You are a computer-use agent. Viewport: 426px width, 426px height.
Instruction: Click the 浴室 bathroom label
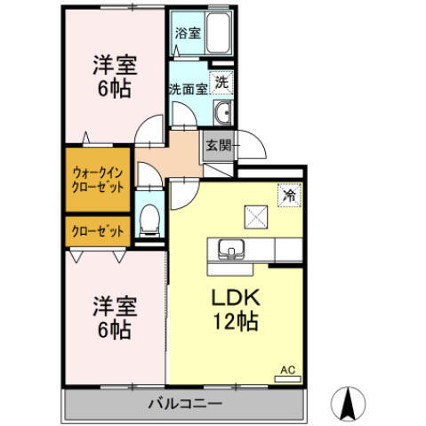[187, 33]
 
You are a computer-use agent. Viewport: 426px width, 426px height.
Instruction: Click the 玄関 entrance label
[216, 146]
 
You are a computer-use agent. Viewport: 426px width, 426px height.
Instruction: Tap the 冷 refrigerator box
[290, 190]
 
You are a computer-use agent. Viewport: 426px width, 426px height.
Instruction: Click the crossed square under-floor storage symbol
[254, 215]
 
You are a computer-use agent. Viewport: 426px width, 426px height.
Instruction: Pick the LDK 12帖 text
[235, 309]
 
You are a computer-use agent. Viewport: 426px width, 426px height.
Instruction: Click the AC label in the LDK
[287, 369]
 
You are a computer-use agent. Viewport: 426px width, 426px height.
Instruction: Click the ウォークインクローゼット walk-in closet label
[99, 181]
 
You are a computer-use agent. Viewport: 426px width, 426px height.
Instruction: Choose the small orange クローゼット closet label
[99, 231]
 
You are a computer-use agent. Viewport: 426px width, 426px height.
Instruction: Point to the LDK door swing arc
[184, 190]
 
